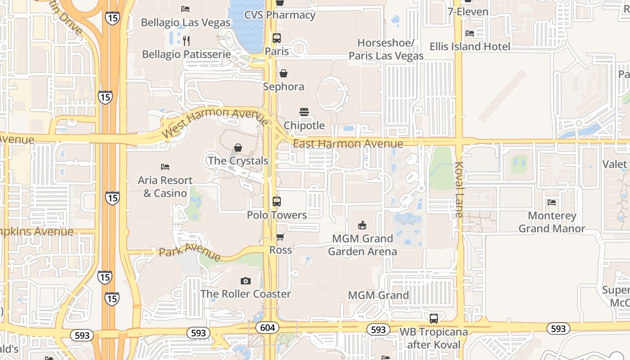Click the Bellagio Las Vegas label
click(x=185, y=22)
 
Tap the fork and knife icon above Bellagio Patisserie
click(x=186, y=41)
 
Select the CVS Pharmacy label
click(x=279, y=15)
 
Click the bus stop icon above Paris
click(x=277, y=38)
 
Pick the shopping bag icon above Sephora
click(x=283, y=73)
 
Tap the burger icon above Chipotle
click(x=304, y=112)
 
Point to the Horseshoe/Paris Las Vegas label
click(x=386, y=49)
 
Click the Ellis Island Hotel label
click(x=470, y=46)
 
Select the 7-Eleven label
click(x=468, y=11)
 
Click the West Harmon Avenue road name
click(x=215, y=122)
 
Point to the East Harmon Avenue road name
click(x=348, y=144)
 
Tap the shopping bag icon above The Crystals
click(x=238, y=148)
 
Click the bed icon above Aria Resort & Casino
click(x=165, y=167)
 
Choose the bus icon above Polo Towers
click(x=277, y=202)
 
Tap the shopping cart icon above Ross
click(x=280, y=237)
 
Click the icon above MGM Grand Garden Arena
click(x=362, y=225)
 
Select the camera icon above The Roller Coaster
click(x=245, y=281)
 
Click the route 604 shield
click(x=267, y=328)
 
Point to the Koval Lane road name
click(x=459, y=189)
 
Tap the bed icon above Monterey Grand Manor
click(x=552, y=202)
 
